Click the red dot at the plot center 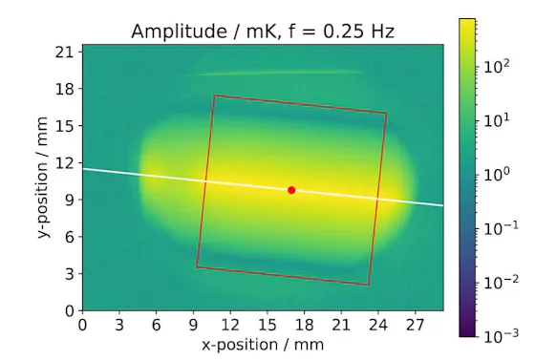[x=291, y=190]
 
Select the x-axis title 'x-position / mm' [x=263, y=344]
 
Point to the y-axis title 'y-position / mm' [x=45, y=178]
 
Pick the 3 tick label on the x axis [x=119, y=325]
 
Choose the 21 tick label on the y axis [x=64, y=52]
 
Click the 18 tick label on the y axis [x=64, y=89]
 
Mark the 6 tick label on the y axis [x=69, y=237]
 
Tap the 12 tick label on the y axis [x=64, y=162]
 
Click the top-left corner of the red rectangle [x=215, y=95]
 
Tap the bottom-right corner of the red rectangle [x=369, y=285]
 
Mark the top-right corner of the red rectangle [x=387, y=113]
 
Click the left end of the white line [x=83, y=169]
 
